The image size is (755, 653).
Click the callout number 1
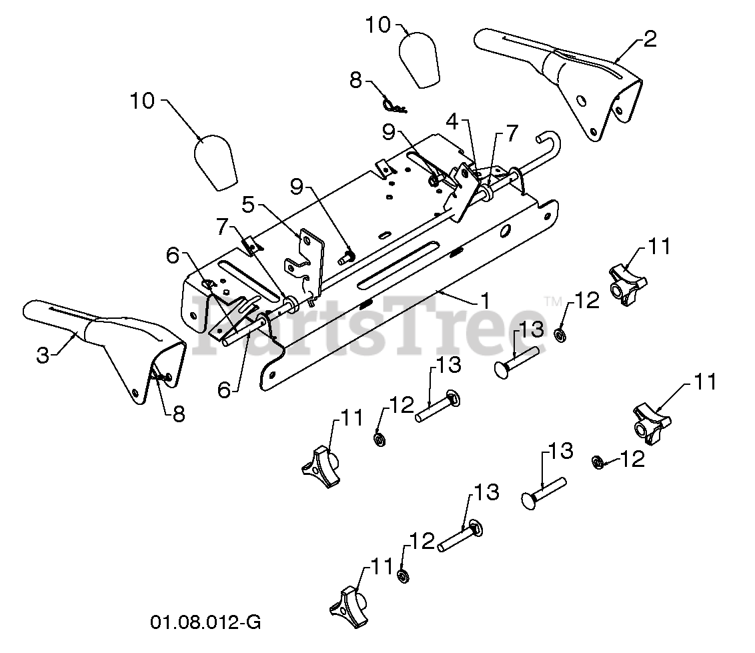[x=485, y=301]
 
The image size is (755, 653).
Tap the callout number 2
[x=650, y=39]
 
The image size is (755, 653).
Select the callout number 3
[x=43, y=356]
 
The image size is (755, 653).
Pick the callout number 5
[x=248, y=205]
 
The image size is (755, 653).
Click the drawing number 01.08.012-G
[x=205, y=623]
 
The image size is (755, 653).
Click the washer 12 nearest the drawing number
[x=403, y=574]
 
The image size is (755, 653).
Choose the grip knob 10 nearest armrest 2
[x=418, y=58]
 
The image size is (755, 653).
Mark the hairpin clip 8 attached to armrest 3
[x=160, y=376]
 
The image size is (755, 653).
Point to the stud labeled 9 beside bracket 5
[x=347, y=255]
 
